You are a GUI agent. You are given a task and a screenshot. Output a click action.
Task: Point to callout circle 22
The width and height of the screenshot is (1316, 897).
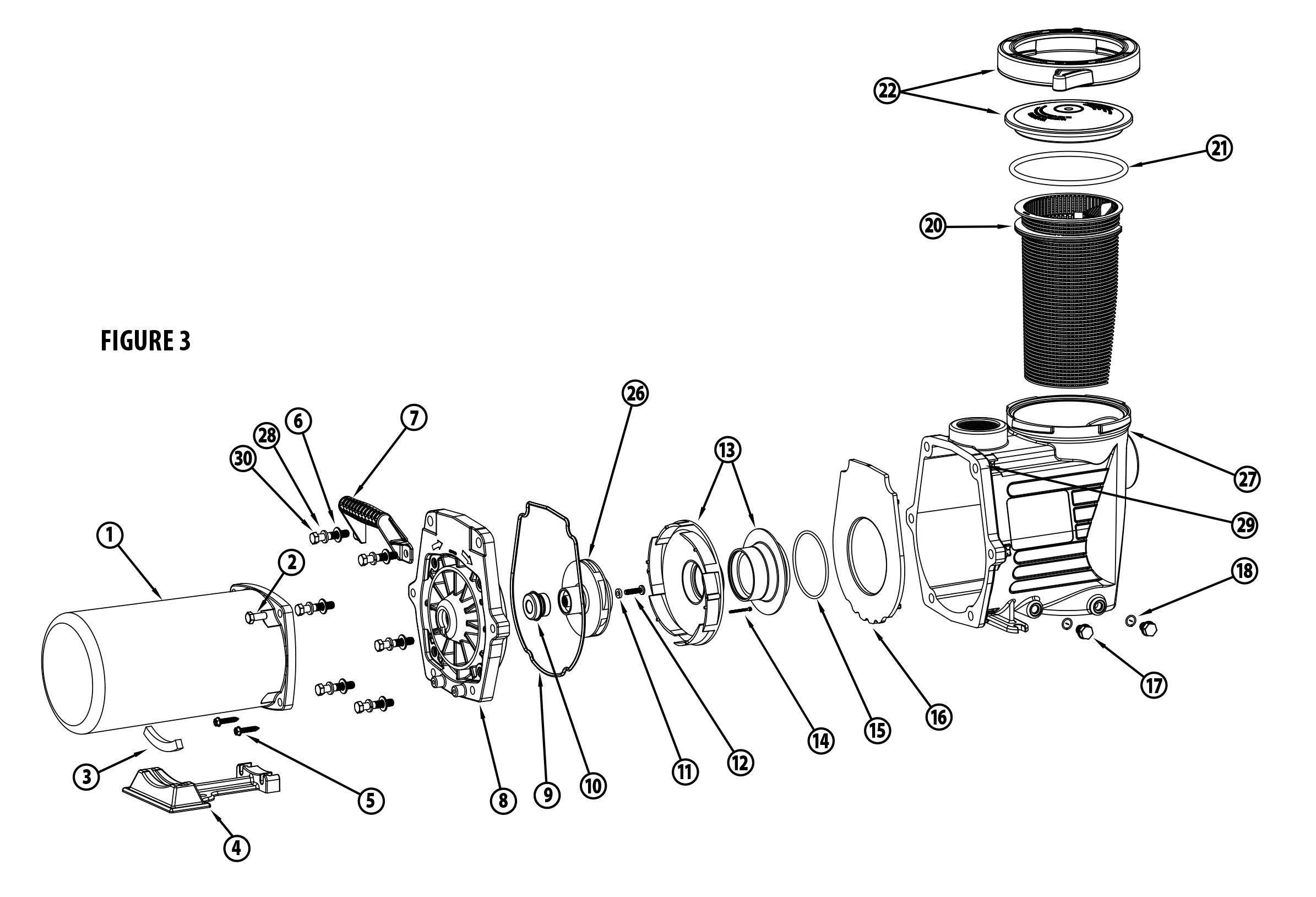(x=888, y=91)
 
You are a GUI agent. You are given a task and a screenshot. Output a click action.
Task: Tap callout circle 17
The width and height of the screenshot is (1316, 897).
(x=1154, y=686)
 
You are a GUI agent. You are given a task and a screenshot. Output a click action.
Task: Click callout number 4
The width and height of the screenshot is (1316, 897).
(x=237, y=848)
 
